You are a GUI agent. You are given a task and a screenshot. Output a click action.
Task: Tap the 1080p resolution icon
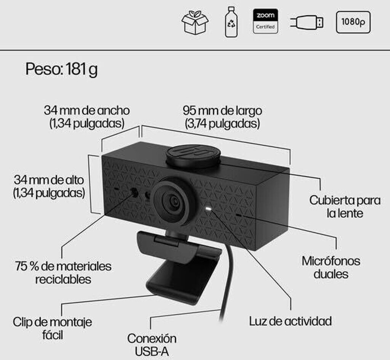click(353, 22)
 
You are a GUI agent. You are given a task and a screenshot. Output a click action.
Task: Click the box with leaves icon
click(195, 22)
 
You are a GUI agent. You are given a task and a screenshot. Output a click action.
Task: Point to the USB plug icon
click(307, 22)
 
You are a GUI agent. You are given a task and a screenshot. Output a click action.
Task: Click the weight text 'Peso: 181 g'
click(61, 70)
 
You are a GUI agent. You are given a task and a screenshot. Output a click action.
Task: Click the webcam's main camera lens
click(174, 202)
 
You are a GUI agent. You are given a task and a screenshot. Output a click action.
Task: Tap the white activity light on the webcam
click(208, 209)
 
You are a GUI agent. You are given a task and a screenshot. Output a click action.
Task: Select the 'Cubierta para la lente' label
click(345, 206)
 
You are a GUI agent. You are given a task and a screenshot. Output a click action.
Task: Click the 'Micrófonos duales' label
click(331, 267)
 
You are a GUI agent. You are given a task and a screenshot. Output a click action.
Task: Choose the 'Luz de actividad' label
click(290, 321)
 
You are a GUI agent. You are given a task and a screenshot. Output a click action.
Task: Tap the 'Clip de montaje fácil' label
click(53, 328)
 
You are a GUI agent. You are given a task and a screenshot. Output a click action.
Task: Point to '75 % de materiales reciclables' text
click(63, 272)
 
